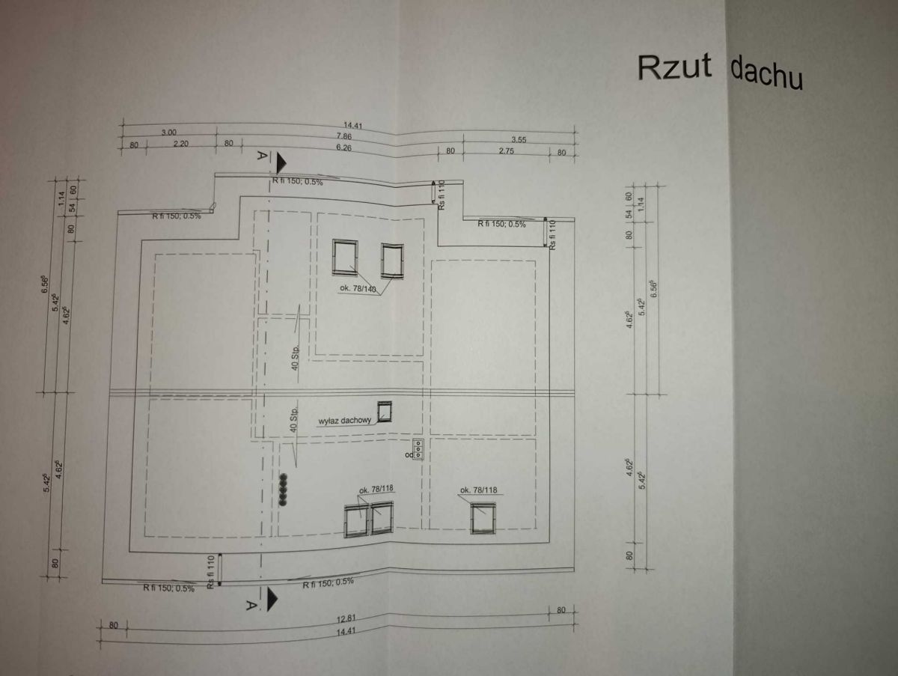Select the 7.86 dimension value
pyautogui.click(x=344, y=136)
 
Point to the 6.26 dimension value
pyautogui.click(x=344, y=147)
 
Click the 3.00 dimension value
pyautogui.click(x=168, y=132)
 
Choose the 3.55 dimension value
pyautogui.click(x=519, y=139)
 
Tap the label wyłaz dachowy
pyautogui.click(x=345, y=421)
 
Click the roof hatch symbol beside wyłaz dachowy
pyautogui.click(x=385, y=412)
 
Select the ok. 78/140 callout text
pyautogui.click(x=358, y=287)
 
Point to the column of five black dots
pyautogui.click(x=284, y=490)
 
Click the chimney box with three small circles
pyautogui.click(x=420, y=448)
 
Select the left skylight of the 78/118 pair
pyautogui.click(x=357, y=520)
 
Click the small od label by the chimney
pyautogui.click(x=409, y=454)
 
